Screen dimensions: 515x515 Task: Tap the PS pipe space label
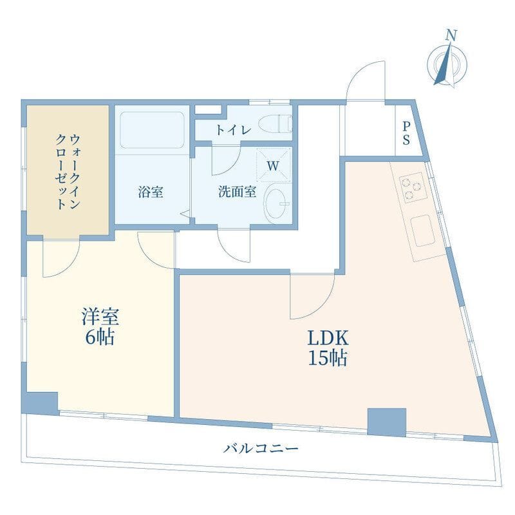[x=407, y=133]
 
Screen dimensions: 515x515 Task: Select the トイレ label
[x=233, y=129]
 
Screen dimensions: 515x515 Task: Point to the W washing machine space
[x=273, y=165]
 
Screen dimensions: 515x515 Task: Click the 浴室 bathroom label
[x=150, y=192]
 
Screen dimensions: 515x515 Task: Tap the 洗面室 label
[x=237, y=192]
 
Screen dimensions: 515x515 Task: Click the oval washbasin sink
[x=279, y=205]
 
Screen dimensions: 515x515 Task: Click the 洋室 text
[x=100, y=317]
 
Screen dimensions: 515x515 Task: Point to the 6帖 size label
[x=100, y=337]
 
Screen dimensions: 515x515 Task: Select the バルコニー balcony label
[x=261, y=448]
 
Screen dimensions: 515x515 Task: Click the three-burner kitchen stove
[x=412, y=187]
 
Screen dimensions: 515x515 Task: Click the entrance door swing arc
[x=365, y=79]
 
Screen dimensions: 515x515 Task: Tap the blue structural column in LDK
[x=386, y=422]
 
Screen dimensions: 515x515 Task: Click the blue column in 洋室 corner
[x=41, y=402]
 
